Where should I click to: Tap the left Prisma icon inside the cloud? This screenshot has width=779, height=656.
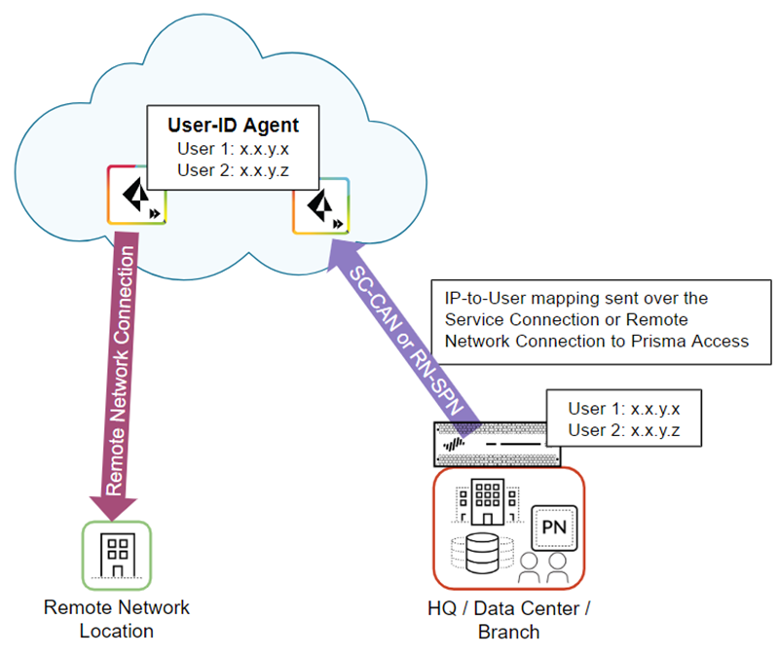pyautogui.click(x=135, y=198)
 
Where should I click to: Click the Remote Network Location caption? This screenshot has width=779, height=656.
pyautogui.click(x=117, y=619)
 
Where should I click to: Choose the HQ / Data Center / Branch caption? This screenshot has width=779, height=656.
pyautogui.click(x=508, y=619)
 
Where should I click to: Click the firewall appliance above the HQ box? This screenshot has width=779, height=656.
pyautogui.click(x=497, y=444)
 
